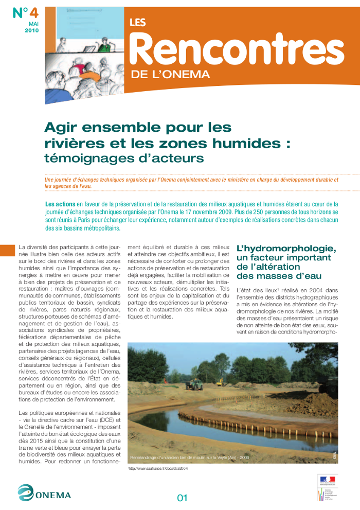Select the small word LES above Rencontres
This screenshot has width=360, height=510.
click(x=138, y=22)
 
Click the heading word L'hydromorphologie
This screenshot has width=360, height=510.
click(x=286, y=249)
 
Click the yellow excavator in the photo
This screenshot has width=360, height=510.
click(x=220, y=382)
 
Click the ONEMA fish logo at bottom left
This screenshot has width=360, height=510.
click(x=26, y=493)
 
